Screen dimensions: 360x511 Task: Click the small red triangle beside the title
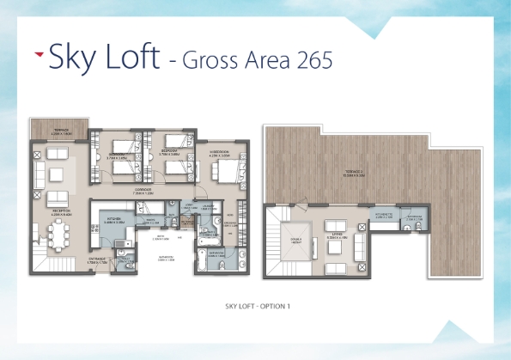(39, 54)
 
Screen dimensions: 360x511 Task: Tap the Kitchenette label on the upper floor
(384, 216)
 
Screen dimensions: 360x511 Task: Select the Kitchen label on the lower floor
(115, 220)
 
